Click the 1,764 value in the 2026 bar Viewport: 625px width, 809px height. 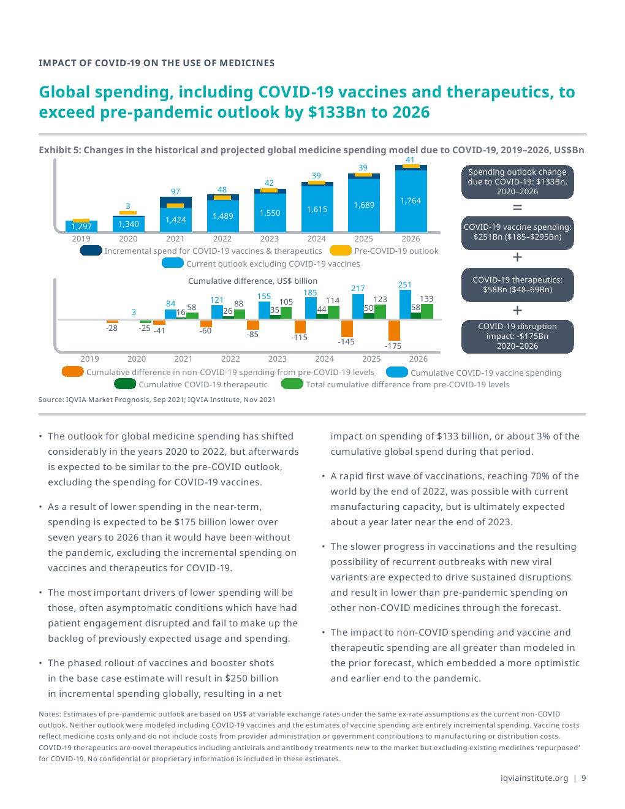[x=411, y=201]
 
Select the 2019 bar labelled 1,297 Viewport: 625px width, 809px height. [x=81, y=226]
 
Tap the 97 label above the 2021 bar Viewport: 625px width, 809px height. [x=175, y=192]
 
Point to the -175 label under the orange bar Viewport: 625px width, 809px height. [x=393, y=346]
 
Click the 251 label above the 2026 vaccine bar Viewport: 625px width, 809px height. [x=404, y=285]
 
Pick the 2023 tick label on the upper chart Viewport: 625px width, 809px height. [x=269, y=239]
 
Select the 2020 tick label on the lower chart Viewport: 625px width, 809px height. [x=137, y=359]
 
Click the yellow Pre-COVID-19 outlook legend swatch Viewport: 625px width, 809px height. [x=340, y=251]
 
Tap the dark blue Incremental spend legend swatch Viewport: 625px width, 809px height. [x=91, y=251]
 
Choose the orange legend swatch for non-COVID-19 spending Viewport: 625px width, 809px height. [x=72, y=372]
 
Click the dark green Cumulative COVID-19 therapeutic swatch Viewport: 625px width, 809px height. [x=125, y=384]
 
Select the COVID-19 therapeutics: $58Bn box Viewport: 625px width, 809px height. [x=517, y=285]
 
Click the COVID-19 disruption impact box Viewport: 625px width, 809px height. [x=517, y=336]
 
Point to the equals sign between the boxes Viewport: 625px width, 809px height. [x=517, y=208]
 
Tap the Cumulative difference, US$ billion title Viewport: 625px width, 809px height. [x=252, y=281]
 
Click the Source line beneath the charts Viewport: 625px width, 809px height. [x=157, y=400]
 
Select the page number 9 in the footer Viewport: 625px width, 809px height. [x=584, y=778]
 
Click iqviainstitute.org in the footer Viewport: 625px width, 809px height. [x=534, y=778]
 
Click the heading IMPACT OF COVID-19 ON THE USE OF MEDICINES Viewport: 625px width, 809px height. [x=156, y=63]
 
